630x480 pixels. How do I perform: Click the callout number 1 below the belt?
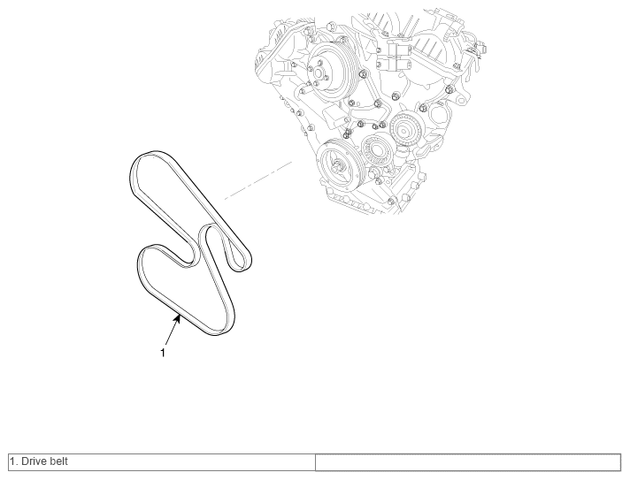click(163, 353)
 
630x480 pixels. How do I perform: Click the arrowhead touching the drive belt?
click(177, 319)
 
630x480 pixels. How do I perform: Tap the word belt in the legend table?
click(58, 461)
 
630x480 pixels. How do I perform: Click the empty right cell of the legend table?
click(468, 462)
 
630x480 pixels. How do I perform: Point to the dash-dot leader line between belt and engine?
click(258, 180)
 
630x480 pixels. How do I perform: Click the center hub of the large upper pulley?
click(318, 73)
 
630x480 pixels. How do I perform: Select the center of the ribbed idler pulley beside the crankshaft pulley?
click(377, 150)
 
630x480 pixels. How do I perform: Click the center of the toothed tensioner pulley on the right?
click(405, 130)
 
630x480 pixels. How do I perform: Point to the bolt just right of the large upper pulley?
click(362, 74)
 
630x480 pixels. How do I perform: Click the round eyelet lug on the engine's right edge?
click(461, 100)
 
